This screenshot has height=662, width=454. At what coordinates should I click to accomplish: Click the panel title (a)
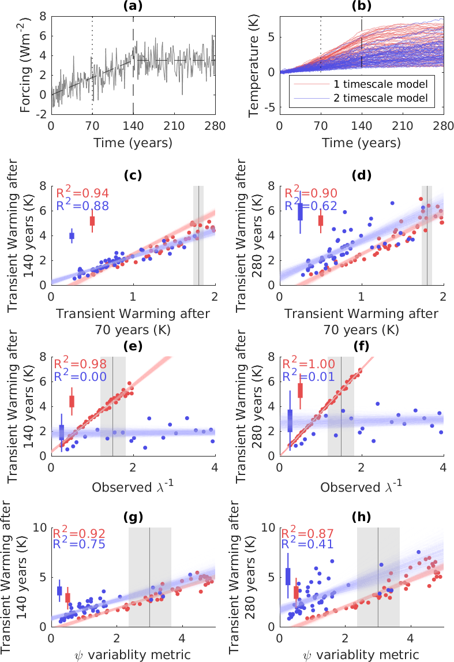[133, 6]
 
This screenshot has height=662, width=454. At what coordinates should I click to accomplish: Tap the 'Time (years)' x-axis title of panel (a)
[133, 142]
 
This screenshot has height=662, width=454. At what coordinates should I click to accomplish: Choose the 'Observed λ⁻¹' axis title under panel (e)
[133, 486]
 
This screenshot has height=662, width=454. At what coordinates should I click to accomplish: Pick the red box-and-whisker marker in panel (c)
[92, 220]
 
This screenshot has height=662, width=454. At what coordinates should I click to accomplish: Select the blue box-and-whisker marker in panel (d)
[300, 212]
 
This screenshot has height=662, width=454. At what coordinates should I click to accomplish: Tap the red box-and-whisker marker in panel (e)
[72, 401]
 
